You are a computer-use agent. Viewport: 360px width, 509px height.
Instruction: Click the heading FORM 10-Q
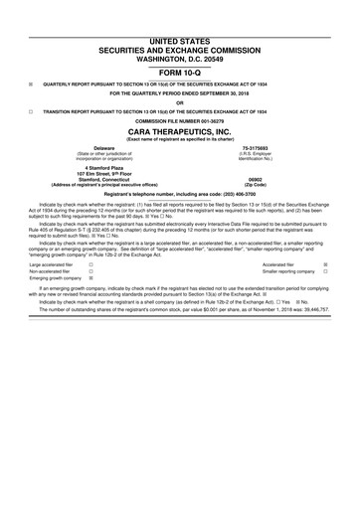pos(180,73)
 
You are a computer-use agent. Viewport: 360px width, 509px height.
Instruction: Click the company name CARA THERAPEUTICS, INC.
pos(180,131)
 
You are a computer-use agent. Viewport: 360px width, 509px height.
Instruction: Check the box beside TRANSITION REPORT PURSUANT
pos(31,111)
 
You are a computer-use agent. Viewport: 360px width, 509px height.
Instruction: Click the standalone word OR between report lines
pos(180,102)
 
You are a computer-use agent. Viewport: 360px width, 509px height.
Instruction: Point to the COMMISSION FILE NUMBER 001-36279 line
pos(180,121)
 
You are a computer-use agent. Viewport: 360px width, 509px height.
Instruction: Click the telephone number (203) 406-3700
pos(219,194)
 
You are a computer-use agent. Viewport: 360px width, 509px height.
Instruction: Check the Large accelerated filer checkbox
pos(90,265)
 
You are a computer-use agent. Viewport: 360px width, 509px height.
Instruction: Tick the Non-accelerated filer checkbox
pos(90,272)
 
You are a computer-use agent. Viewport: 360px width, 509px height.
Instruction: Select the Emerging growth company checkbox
pos(90,279)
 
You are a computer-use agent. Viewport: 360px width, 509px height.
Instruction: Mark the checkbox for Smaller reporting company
pos(325,272)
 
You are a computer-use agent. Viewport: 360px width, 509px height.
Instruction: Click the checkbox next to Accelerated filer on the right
pos(325,265)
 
